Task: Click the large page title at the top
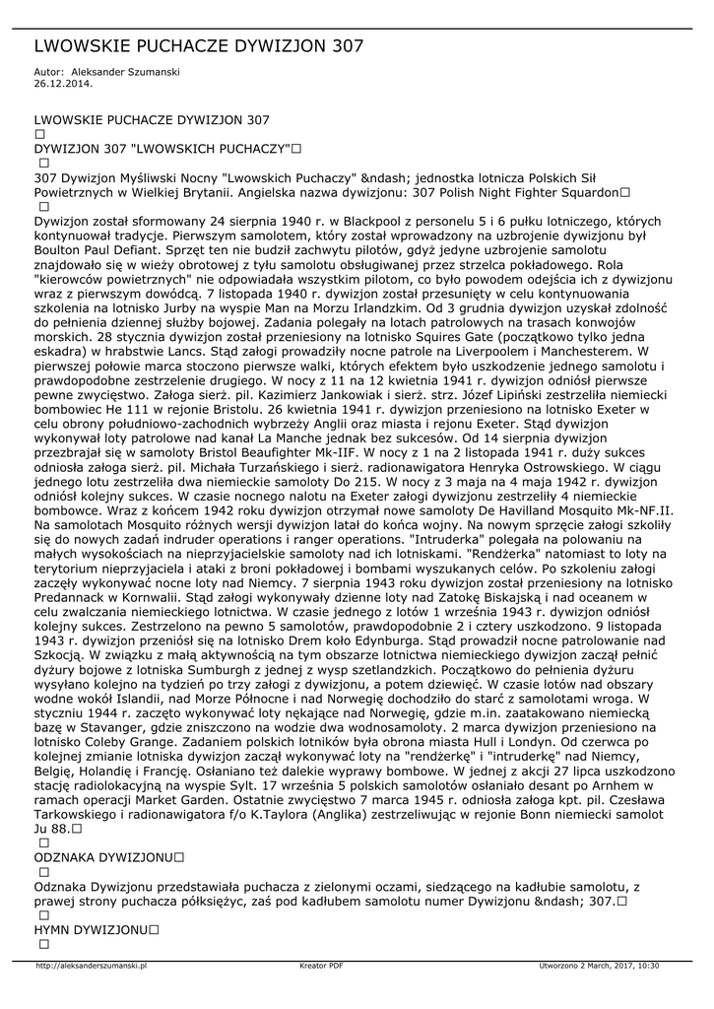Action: click(x=199, y=46)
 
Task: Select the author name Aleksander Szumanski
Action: click(x=127, y=73)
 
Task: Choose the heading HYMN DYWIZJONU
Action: click(x=91, y=929)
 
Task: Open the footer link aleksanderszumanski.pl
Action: click(x=91, y=966)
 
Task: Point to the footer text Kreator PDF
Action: click(x=321, y=966)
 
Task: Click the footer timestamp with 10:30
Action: click(x=599, y=966)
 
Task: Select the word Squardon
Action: click(x=583, y=192)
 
